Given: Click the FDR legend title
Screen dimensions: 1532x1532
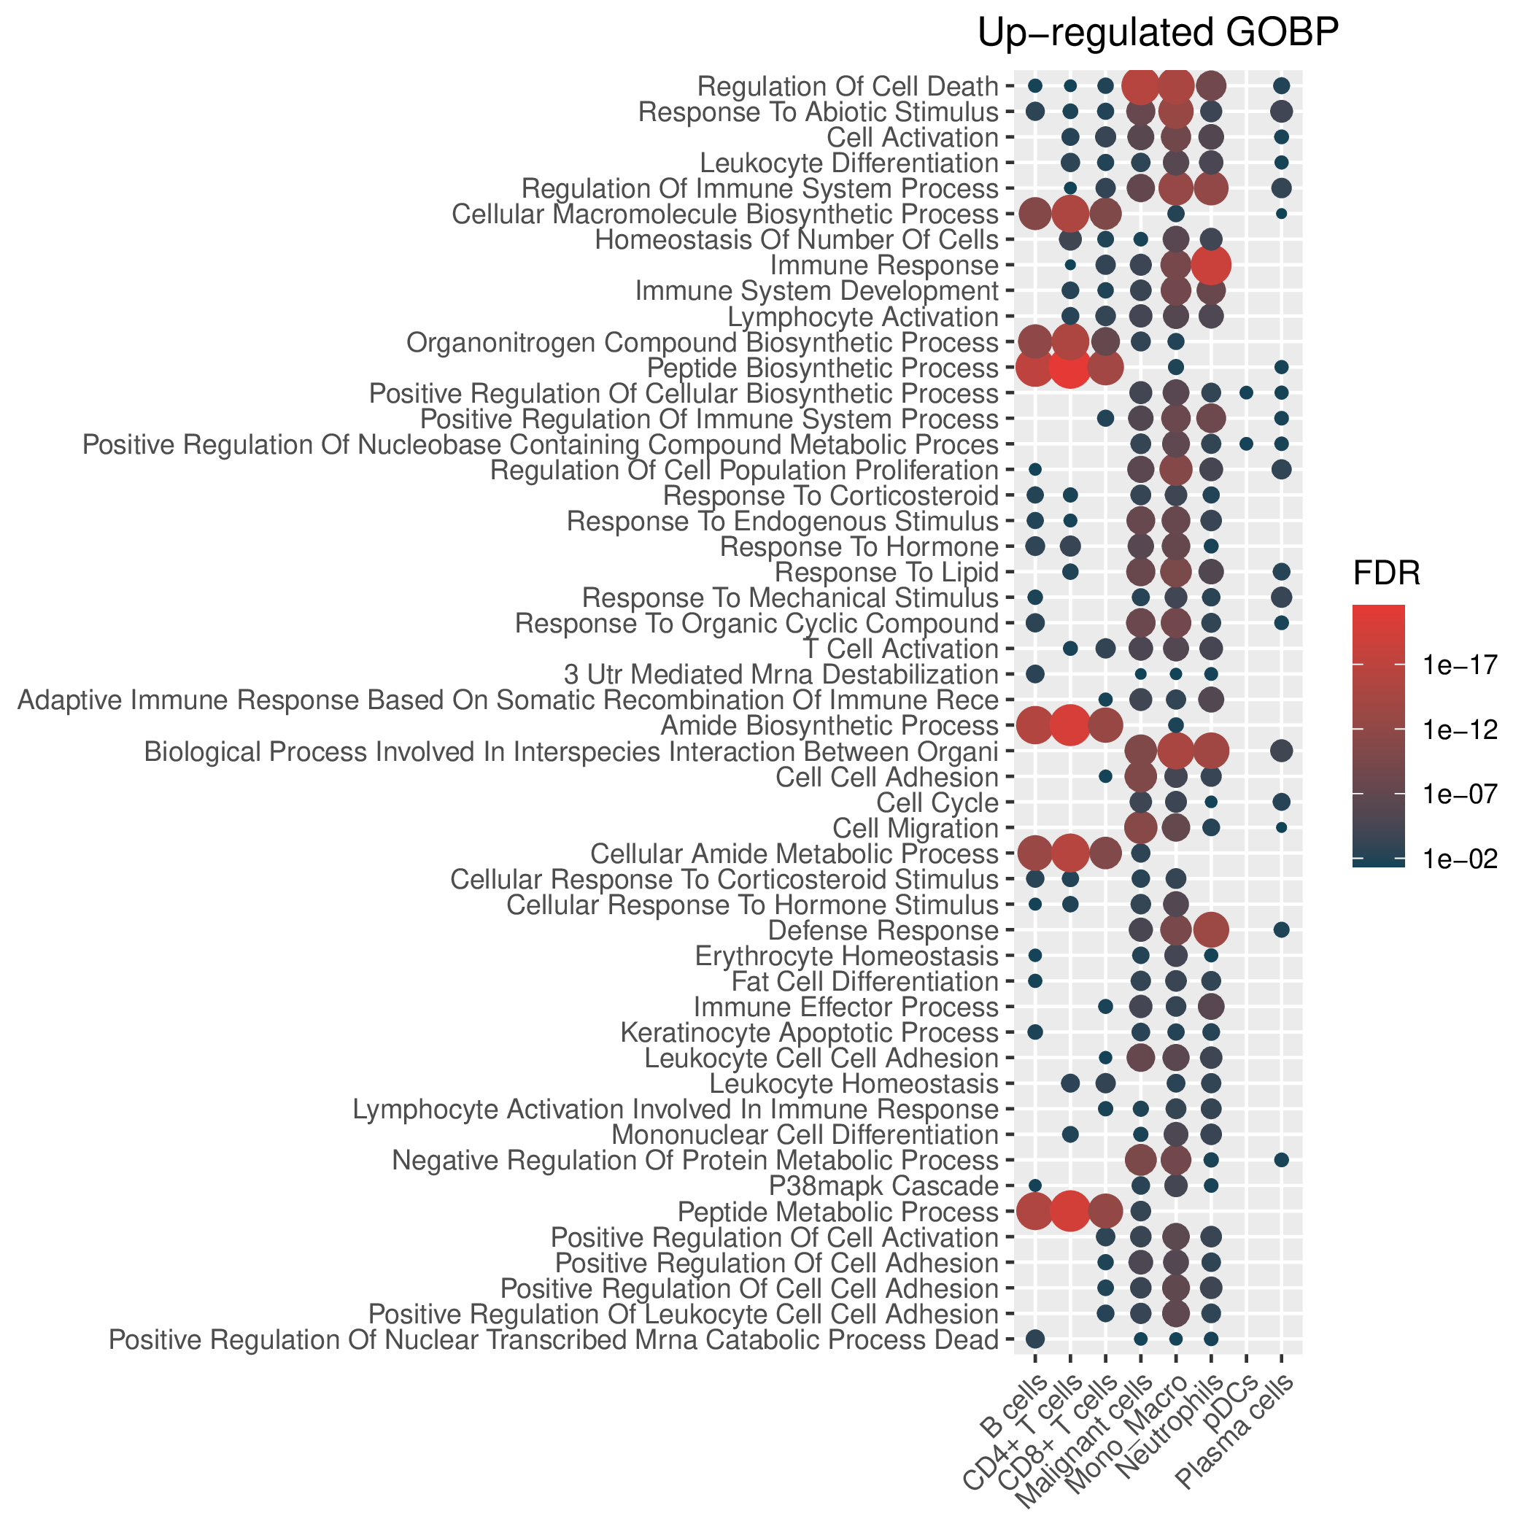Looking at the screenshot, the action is (1386, 574).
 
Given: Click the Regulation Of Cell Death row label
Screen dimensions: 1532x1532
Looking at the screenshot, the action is (848, 85).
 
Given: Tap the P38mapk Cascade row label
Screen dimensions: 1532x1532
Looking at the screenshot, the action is (884, 1186).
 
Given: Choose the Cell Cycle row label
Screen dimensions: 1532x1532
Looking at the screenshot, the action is (938, 803).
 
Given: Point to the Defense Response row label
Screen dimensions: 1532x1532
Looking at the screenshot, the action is (883, 931).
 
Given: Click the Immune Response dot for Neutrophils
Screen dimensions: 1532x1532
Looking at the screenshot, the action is (1211, 265).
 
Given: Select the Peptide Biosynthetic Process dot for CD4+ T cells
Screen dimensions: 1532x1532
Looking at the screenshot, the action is (1069, 367).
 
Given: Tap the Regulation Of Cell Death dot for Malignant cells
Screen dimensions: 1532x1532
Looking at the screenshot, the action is (1140, 85).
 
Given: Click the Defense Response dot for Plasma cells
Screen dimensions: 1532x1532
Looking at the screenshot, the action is (1282, 929).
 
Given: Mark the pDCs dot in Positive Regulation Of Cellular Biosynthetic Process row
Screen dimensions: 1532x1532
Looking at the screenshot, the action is (1246, 392).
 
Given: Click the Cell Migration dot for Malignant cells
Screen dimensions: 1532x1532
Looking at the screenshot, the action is (1140, 827).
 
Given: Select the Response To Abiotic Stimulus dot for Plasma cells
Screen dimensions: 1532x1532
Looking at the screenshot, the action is (1282, 111).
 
